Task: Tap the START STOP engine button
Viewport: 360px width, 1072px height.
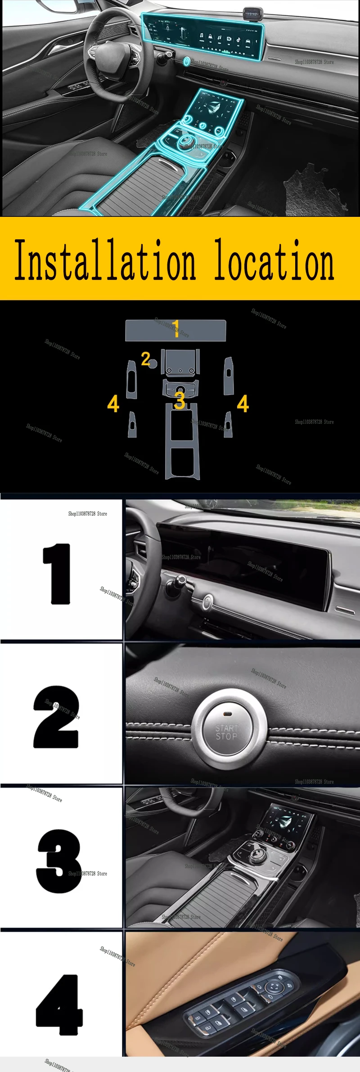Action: [226, 732]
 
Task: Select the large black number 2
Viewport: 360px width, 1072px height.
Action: [56, 717]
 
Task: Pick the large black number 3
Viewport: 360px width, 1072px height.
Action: [58, 861]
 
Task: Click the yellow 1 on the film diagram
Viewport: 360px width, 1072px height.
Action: [176, 328]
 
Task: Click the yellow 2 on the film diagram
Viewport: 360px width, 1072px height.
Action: [145, 359]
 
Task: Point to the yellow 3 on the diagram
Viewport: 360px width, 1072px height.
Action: [180, 400]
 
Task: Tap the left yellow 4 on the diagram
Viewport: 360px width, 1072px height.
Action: [113, 404]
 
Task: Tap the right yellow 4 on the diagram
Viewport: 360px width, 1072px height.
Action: [243, 404]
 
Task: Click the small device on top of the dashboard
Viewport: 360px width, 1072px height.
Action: [251, 13]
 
